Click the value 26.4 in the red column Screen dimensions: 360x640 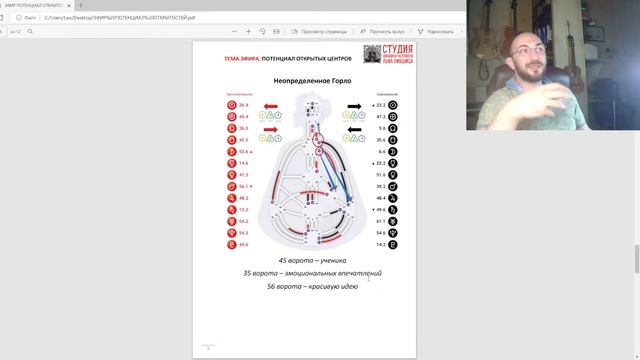coord(243,104)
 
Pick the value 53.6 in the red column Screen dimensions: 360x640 coord(243,151)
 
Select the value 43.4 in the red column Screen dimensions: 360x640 coord(243,244)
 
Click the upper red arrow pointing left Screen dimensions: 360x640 coord(271,104)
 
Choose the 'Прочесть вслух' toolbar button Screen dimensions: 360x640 coord(385,31)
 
